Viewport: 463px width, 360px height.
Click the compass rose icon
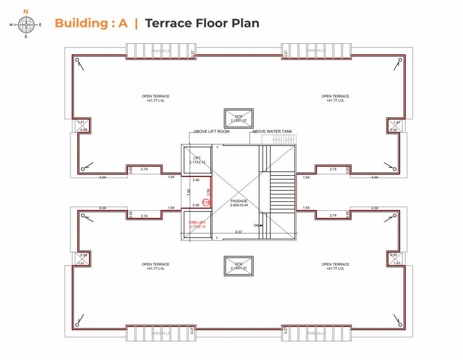click(x=25, y=24)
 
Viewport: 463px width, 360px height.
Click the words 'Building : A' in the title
click(x=91, y=23)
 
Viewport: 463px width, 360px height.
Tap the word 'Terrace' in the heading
click(x=169, y=23)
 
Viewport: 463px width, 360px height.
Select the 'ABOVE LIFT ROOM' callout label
click(x=212, y=132)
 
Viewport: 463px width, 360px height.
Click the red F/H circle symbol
click(x=205, y=202)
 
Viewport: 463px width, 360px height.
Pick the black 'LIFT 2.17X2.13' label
click(x=197, y=160)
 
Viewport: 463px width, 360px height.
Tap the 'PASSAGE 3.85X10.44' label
click(x=239, y=203)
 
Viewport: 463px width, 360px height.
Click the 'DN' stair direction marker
click(x=257, y=225)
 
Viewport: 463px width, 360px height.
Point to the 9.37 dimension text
click(x=239, y=232)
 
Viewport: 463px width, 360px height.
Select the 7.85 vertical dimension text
click(x=189, y=192)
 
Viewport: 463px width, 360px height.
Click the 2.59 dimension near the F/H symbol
click(x=208, y=192)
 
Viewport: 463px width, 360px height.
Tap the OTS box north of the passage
click(x=238, y=119)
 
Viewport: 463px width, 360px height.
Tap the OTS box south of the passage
click(x=238, y=266)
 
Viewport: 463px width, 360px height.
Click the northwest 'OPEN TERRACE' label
click(x=156, y=98)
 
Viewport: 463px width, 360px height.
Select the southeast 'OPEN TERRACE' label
click(x=335, y=266)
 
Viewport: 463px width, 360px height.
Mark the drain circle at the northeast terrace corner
click(x=400, y=60)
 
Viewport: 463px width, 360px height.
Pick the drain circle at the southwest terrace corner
click(x=77, y=324)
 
